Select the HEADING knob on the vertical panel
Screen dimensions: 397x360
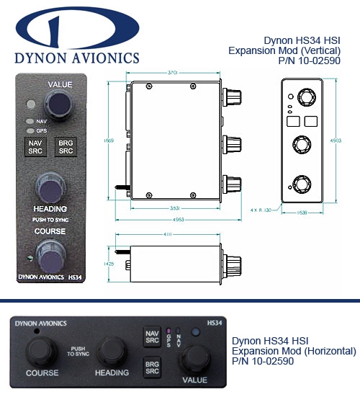click(x=50, y=190)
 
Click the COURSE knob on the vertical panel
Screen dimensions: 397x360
click(x=51, y=253)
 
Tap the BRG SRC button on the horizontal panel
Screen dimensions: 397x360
click(x=153, y=365)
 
